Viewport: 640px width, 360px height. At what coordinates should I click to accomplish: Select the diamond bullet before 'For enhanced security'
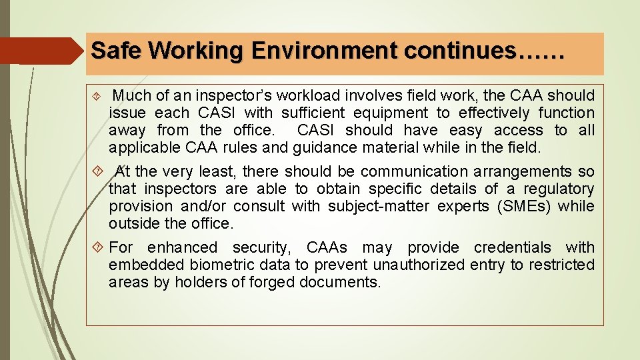98,248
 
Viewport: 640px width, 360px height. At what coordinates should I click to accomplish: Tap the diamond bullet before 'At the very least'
98,172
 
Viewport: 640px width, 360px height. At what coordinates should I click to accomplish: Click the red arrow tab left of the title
40,51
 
